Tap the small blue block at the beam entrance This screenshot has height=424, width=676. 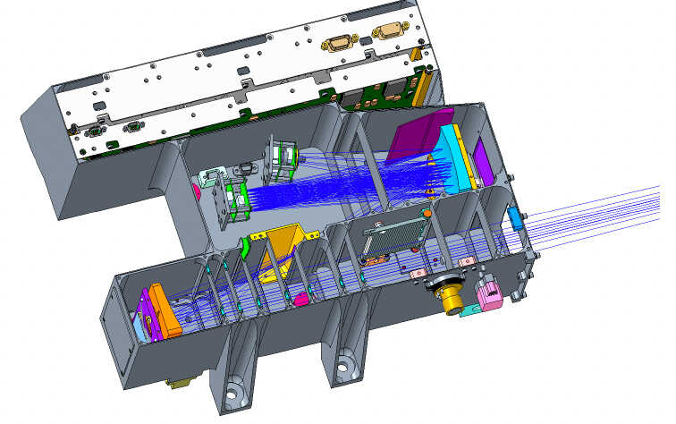click(x=516, y=219)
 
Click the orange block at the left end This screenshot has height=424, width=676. click(x=165, y=312)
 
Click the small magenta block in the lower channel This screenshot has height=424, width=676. click(x=302, y=298)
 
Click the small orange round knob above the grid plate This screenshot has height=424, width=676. click(x=428, y=214)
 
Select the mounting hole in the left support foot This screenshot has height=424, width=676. click(x=234, y=392)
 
